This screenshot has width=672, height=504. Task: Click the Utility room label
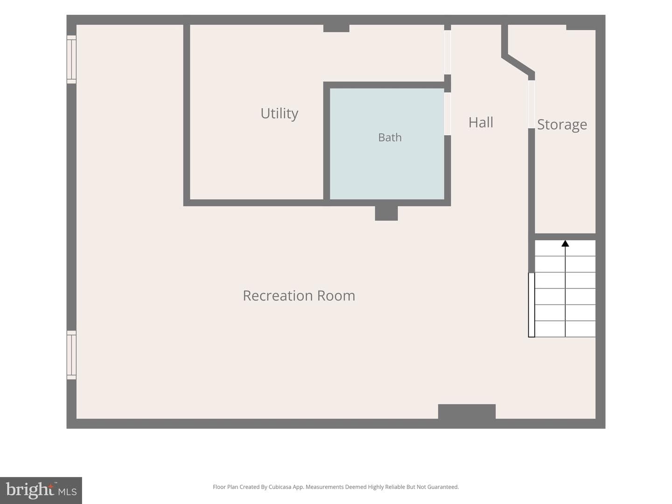279,114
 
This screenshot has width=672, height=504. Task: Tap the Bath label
390,137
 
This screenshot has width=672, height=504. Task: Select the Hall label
481,122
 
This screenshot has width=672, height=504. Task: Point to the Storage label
562,125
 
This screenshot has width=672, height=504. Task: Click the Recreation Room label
299,295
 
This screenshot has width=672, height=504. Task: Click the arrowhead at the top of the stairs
565,244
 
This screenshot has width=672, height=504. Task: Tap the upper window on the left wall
71,59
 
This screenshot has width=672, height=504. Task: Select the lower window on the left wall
71,355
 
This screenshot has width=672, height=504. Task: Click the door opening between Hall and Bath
447,114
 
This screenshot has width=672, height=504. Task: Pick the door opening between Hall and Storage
532,105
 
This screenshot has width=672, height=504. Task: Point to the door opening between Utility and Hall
447,52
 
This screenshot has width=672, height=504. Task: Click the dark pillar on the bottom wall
467,412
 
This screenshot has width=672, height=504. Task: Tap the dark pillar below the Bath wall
386,213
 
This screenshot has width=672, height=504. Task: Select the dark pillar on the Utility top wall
336,28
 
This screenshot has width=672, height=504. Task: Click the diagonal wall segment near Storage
518,65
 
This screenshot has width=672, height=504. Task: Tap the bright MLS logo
41,490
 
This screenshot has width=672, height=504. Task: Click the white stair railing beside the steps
532,305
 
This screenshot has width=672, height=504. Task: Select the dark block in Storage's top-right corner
581,27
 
